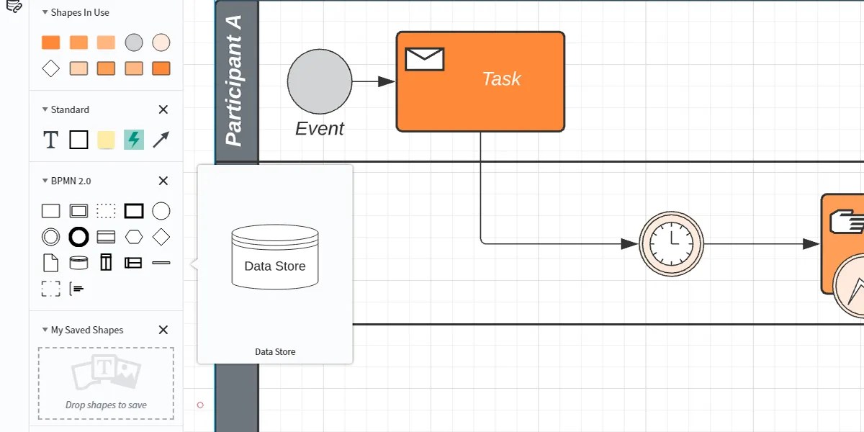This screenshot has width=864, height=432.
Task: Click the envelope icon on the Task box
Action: [424, 59]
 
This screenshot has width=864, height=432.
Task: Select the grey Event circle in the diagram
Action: [320, 82]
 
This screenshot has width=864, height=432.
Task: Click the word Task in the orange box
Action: [501, 78]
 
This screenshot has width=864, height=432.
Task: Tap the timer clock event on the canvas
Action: [671, 244]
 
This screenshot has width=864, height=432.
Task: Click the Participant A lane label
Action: [235, 81]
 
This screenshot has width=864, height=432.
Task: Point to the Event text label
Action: [320, 129]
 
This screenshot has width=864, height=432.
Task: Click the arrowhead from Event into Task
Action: [387, 81]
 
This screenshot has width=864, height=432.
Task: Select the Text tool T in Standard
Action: [50, 140]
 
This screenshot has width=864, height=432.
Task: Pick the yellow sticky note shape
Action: [106, 140]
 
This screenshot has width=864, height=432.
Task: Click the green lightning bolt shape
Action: [134, 140]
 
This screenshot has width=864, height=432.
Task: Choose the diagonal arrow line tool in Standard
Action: [161, 140]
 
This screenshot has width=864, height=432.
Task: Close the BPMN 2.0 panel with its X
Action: [163, 181]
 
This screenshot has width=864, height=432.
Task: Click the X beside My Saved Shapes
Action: [163, 330]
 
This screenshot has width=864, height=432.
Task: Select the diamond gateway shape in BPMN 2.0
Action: [161, 237]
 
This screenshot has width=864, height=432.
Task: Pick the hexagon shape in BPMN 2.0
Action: [134, 237]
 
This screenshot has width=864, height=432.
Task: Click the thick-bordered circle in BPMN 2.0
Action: [78, 237]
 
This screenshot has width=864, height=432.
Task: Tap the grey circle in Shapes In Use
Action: [134, 42]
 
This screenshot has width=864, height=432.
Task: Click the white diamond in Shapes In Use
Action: [50, 68]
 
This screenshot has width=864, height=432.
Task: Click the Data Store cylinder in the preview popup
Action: [275, 258]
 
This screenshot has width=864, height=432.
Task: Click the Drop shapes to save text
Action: [106, 405]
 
